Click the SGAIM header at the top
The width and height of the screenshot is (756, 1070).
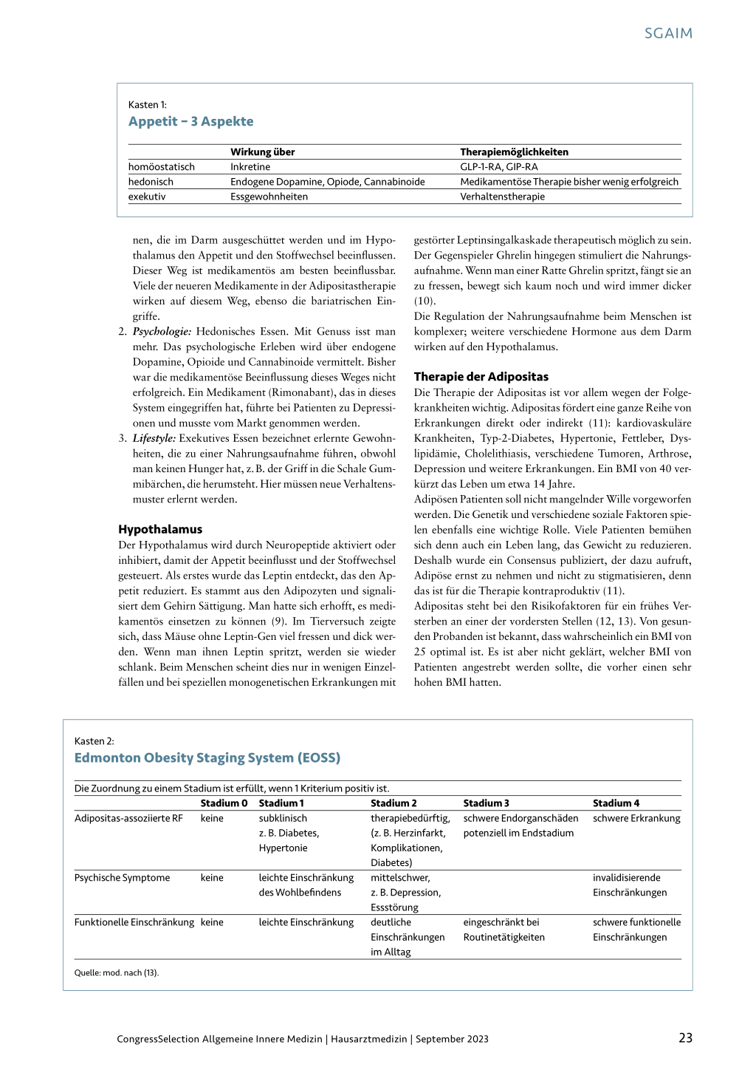click(668, 33)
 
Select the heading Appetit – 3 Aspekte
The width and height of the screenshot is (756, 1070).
click(190, 122)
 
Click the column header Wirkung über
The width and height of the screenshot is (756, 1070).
click(262, 152)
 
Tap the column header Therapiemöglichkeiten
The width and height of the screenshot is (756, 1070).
click(514, 152)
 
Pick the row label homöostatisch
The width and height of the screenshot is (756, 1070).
click(162, 167)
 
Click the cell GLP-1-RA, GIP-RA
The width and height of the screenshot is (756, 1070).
click(498, 167)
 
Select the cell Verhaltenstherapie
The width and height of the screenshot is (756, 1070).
click(502, 197)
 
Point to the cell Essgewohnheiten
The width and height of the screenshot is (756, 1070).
click(269, 197)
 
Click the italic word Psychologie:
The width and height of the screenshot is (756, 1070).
click(162, 332)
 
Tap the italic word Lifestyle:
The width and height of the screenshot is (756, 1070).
click(154, 438)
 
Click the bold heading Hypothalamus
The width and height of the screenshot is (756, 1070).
click(160, 529)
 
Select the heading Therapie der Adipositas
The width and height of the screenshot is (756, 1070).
click(481, 377)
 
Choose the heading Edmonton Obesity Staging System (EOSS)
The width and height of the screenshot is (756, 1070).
click(207, 758)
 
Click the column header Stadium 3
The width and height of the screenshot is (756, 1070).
click(486, 803)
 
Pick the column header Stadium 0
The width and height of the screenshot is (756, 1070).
click(224, 803)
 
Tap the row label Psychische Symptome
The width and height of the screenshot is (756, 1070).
click(122, 878)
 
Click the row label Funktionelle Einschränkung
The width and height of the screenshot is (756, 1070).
click(134, 922)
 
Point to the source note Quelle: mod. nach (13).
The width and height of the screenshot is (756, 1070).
click(117, 972)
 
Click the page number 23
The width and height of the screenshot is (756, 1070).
click(685, 1038)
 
